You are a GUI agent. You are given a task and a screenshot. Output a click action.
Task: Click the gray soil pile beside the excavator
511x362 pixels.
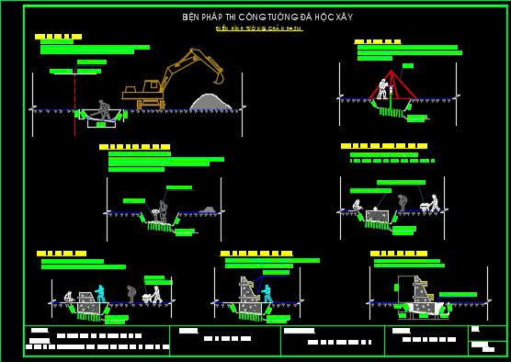coord(210,100)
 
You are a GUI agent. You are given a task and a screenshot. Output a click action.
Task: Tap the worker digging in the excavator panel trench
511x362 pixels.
coord(104,110)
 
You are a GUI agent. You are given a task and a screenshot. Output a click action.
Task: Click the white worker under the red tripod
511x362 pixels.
coord(382,90)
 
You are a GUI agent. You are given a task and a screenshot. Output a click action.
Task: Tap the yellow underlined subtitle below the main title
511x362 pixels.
coord(258,28)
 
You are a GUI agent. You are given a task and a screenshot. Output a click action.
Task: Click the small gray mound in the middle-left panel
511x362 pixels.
coord(208,210)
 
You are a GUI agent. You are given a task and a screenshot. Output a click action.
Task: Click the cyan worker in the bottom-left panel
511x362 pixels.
coord(100,294)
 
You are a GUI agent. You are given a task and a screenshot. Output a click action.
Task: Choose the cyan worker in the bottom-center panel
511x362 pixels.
coord(267,294)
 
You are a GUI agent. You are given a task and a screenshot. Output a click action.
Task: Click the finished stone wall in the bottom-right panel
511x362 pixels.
coord(420,296)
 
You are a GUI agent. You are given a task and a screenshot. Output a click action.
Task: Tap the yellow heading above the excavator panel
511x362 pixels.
coord(58,37)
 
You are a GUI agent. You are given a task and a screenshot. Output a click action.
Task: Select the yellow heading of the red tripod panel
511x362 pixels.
coord(377,41)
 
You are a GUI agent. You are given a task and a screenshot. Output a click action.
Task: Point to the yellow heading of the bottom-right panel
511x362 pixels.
coord(398,253)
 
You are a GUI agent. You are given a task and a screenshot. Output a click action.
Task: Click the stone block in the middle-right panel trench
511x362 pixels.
coord(376,216)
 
